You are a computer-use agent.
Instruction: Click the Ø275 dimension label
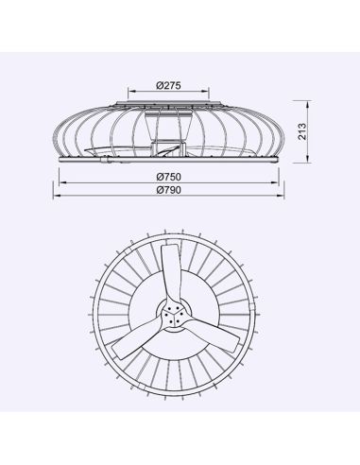coord(168,85)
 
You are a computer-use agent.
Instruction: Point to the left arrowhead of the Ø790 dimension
coord(56,196)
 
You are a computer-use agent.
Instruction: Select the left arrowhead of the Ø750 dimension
coord(61,182)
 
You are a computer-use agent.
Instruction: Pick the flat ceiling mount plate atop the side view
coord(169,101)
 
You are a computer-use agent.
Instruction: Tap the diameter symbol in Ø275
coord(157,85)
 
